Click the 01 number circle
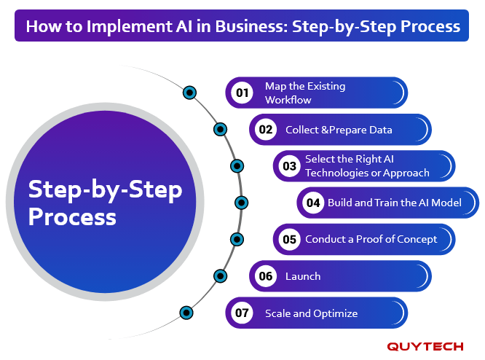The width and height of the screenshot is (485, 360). [x=242, y=93]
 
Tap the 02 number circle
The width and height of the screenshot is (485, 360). [x=266, y=130]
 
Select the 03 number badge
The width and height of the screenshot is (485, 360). [x=290, y=166]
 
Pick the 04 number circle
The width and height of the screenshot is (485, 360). [x=313, y=203]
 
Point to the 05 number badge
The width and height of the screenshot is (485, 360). [x=290, y=239]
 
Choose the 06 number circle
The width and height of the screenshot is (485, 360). [x=266, y=276]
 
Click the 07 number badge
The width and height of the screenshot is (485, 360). [x=242, y=313]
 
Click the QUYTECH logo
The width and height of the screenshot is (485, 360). [x=425, y=346]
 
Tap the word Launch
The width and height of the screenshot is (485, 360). [x=303, y=276]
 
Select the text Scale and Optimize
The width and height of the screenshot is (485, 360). [x=311, y=313]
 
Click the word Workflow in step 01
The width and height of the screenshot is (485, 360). [x=288, y=100]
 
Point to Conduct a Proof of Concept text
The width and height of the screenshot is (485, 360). [x=371, y=239]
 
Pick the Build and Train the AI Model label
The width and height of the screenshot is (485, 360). [x=395, y=203]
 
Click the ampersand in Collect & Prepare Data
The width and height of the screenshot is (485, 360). [x=325, y=130]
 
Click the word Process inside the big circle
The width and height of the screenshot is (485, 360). [x=72, y=216]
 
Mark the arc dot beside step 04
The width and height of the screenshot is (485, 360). [x=241, y=203]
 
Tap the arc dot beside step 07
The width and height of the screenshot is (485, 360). [x=186, y=313]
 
